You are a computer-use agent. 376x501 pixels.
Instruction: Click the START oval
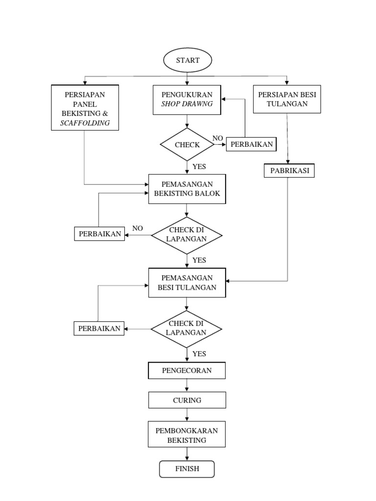click(187, 60)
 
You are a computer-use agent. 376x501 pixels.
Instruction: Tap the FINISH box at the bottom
click(187, 469)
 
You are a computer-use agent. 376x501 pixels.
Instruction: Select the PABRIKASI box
click(289, 171)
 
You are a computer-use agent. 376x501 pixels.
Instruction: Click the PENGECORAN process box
click(187, 370)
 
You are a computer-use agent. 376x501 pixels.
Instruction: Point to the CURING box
click(187, 400)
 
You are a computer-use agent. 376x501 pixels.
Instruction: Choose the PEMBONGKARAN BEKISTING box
click(187, 435)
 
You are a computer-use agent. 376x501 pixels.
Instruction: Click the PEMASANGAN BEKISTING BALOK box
click(187, 188)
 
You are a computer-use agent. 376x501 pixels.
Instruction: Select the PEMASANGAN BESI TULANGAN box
click(187, 283)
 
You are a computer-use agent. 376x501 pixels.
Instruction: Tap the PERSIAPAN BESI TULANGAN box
click(287, 99)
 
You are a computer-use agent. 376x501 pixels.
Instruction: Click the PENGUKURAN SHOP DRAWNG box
click(187, 99)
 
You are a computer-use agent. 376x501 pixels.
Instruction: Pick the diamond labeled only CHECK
click(187, 145)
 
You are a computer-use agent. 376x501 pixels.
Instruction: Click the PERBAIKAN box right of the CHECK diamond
click(251, 145)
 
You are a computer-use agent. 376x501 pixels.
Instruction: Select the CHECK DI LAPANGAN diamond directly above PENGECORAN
click(187, 328)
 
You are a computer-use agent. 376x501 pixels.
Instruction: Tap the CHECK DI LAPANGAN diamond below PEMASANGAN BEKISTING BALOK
click(187, 235)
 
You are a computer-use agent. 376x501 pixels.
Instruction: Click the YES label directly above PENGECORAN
click(199, 354)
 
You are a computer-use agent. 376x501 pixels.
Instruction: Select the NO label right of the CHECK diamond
click(218, 138)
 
